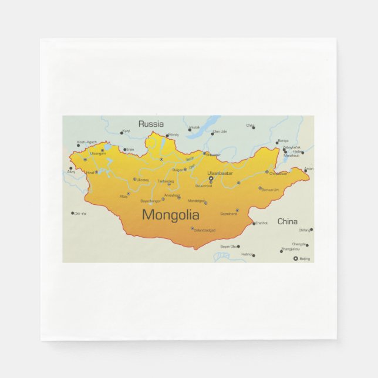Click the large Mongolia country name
[170, 215]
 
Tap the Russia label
[151, 124]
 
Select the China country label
[287, 221]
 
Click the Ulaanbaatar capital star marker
[211, 178]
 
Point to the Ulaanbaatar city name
[220, 173]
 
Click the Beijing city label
[305, 259]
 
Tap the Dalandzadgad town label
[204, 230]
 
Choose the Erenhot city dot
[254, 223]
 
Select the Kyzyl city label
[126, 131]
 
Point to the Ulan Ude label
[220, 131]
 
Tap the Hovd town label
[90, 173]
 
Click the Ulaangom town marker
[103, 150]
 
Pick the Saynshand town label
[228, 214]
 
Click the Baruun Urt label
[271, 190]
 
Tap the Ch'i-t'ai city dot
[73, 213]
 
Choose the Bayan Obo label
[229, 247]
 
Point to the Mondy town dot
[168, 135]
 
